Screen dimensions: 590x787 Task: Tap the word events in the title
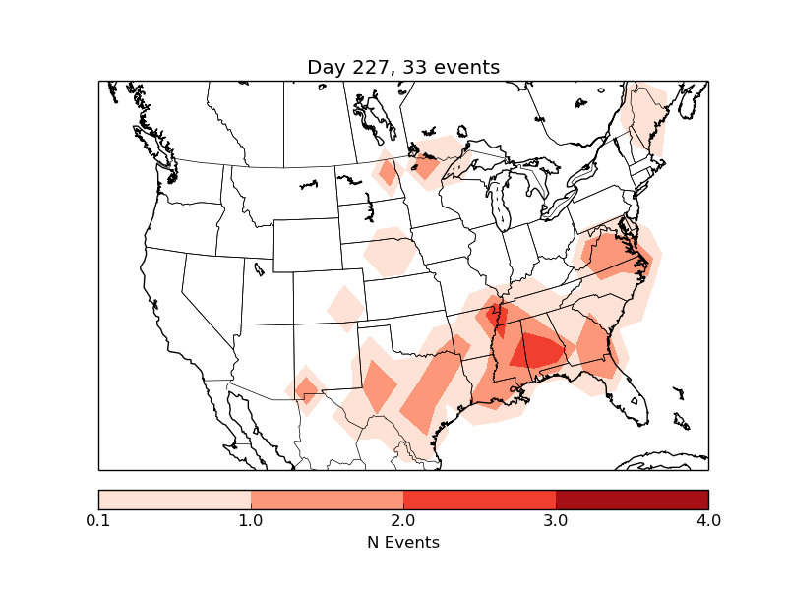(x=462, y=68)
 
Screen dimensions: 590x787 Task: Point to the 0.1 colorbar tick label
(x=98, y=520)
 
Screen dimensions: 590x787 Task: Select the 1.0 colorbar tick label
(x=251, y=520)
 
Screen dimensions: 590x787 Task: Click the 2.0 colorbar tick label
(x=403, y=520)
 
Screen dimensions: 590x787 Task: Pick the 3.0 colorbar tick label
(x=556, y=520)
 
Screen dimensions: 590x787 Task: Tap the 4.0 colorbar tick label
(x=708, y=520)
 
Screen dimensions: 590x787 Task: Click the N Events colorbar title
(x=403, y=542)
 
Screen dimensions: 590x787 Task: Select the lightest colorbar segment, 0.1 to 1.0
(x=174, y=500)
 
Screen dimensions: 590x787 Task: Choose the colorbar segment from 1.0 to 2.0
(x=327, y=500)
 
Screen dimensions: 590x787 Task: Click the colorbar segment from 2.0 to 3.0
(x=479, y=500)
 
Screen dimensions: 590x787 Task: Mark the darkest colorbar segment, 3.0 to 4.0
(x=632, y=500)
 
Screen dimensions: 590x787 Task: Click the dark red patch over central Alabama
(x=539, y=350)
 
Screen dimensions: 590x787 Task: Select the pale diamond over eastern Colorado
(x=345, y=307)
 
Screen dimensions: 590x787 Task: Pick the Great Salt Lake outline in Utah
(x=258, y=267)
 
